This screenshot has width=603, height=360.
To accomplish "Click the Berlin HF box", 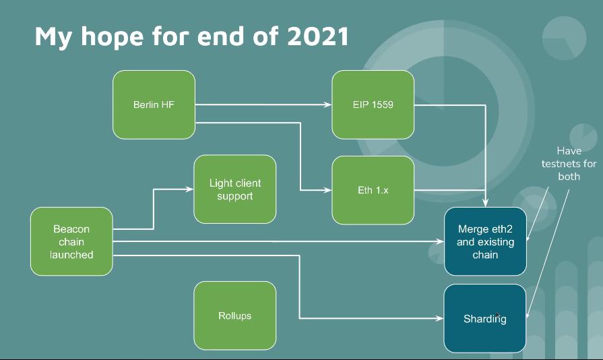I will tap(154, 104).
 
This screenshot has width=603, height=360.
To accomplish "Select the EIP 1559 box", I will tap(373, 104).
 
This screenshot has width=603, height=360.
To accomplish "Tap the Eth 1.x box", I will tap(373, 190).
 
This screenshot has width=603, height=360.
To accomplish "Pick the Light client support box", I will tap(234, 189).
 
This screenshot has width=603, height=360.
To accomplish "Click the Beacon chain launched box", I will tap(71, 241).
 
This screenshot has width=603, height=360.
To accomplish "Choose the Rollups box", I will tap(234, 316).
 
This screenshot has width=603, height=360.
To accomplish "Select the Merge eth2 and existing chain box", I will tap(485, 242).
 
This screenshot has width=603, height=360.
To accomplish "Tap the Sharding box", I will tap(484, 318).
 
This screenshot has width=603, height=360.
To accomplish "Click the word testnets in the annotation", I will tap(561, 164).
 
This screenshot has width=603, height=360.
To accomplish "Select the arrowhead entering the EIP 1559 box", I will tap(328, 105).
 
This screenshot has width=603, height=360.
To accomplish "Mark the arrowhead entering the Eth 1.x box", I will tap(328, 191).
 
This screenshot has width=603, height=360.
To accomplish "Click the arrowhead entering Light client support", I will tap(190, 190).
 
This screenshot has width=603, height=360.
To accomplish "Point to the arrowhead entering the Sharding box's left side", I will tap(439, 318).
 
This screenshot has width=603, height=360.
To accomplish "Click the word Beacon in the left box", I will tap(71, 229).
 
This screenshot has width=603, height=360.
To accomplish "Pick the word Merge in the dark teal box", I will tap(473, 229).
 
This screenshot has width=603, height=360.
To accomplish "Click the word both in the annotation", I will tap(569, 177).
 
